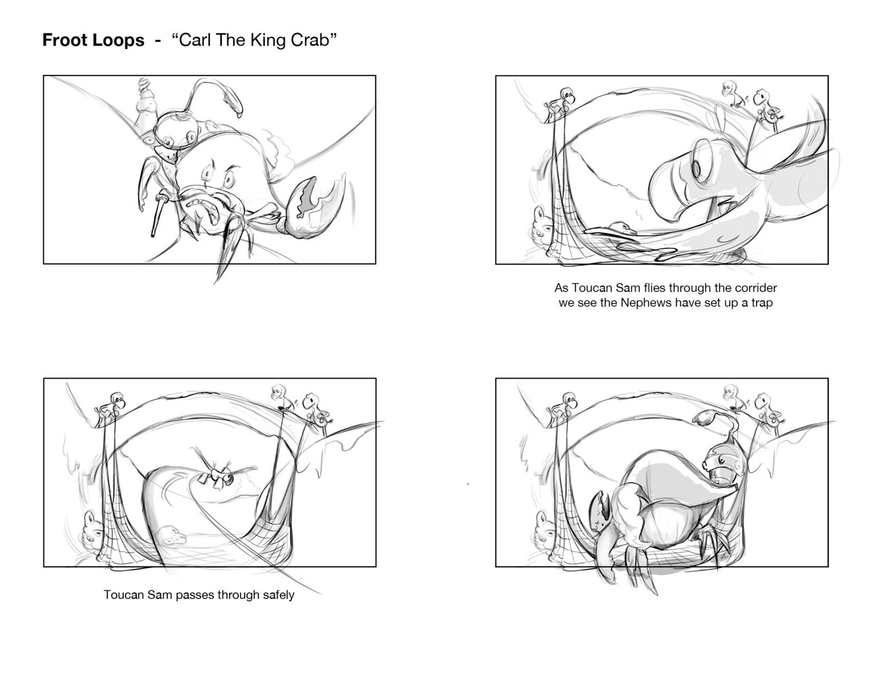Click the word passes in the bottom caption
pos(191,595)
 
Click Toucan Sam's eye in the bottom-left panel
pos(228,479)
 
